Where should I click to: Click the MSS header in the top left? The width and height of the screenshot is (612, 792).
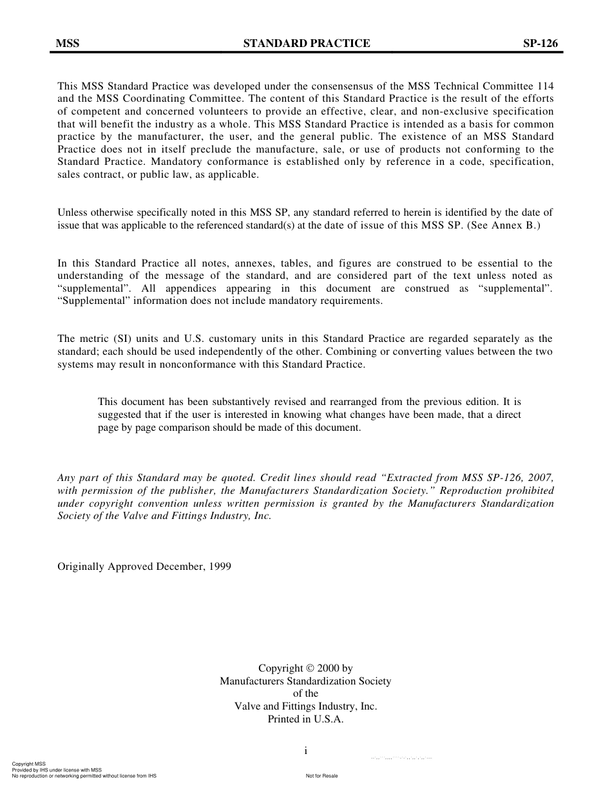(x=68, y=44)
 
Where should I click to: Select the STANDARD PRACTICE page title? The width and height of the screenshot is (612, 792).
(x=307, y=44)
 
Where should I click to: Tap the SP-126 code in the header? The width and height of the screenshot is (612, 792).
(x=540, y=44)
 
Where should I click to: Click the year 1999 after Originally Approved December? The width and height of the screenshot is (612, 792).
(x=220, y=567)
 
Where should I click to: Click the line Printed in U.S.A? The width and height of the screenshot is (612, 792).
(x=305, y=719)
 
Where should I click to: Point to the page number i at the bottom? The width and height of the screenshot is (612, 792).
(x=306, y=751)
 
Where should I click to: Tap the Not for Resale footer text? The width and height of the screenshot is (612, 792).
(x=322, y=776)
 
